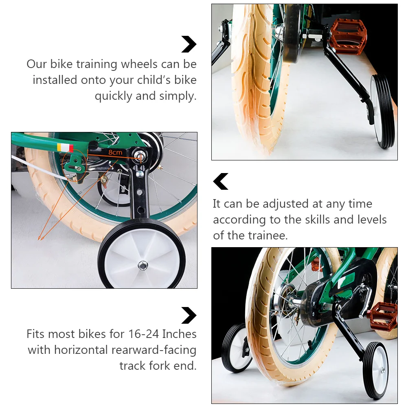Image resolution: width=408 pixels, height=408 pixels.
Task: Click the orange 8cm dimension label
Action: pos(115,152)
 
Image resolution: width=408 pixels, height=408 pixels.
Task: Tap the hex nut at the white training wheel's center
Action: pos(143,265)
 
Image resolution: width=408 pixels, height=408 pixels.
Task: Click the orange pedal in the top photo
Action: pos(349,36)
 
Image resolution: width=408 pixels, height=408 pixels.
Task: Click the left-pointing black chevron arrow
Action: pos(221,181)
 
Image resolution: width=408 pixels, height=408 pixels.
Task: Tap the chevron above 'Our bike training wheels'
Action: pos(189,44)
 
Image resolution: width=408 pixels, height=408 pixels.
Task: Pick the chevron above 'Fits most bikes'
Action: pos(189,316)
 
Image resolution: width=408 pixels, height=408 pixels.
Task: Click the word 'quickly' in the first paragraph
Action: pos(114,96)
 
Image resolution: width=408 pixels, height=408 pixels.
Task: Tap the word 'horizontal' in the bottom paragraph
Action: pos(81,350)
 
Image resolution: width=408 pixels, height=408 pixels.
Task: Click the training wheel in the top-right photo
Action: pos(382,111)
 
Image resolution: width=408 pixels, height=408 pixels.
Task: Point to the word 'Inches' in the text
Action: pos(179,334)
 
